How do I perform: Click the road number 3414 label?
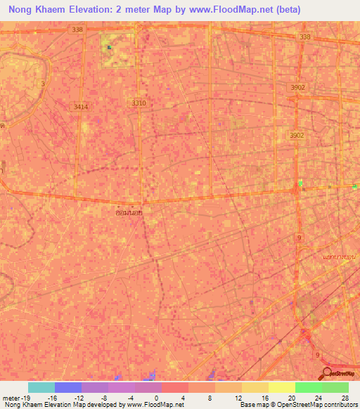(81, 107)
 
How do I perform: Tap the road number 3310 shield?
(139, 103)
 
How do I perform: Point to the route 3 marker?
(43, 84)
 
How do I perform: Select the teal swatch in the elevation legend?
(41, 387)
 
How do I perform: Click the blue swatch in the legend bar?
(68, 387)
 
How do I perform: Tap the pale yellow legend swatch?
(281, 387)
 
